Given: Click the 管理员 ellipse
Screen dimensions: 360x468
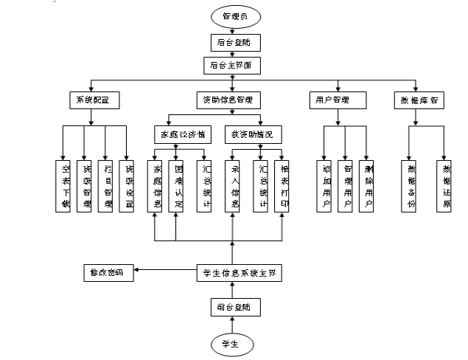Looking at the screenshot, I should click(x=233, y=15).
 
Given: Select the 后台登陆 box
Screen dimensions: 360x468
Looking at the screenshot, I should click(x=233, y=42).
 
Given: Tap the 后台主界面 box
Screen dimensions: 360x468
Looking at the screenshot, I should click(x=233, y=65).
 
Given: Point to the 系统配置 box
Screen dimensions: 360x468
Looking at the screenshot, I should click(x=93, y=99).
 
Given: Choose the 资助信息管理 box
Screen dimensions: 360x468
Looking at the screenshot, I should click(x=233, y=99).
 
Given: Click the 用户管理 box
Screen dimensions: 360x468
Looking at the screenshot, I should click(x=338, y=99).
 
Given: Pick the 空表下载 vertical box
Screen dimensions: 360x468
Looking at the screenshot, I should click(x=64, y=184).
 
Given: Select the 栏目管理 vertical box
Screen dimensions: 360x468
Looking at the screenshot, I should click(x=108, y=184).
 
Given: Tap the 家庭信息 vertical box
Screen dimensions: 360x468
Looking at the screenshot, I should click(x=156, y=184).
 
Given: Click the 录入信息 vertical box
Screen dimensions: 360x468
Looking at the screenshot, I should click(x=234, y=184).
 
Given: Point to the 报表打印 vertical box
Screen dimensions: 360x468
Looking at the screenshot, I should click(x=282, y=184).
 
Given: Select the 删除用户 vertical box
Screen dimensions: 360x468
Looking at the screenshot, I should click(x=368, y=184).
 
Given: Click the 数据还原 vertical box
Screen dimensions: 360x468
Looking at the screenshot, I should click(x=444, y=184).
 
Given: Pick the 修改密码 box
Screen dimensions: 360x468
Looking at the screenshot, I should click(x=108, y=273).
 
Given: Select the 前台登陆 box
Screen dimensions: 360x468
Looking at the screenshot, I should click(x=233, y=307).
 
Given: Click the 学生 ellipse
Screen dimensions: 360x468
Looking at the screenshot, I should click(x=233, y=344).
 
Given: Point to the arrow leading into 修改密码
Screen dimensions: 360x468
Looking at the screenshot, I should click(x=166, y=273).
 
